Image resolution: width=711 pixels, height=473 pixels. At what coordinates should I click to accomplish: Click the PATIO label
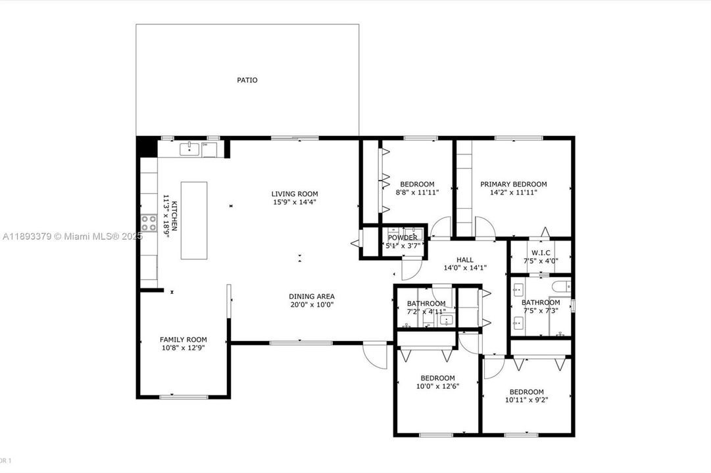(x=247, y=80)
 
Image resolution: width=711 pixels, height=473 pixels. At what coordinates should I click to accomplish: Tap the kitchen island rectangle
(x=194, y=220)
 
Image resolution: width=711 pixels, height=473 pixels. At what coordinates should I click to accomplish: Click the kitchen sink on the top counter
(x=189, y=149)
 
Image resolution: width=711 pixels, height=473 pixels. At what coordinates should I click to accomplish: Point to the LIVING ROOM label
(x=295, y=194)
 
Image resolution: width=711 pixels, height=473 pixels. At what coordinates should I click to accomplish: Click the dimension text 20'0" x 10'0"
(x=311, y=304)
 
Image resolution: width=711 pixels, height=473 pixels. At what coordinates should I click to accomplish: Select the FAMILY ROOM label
(x=183, y=340)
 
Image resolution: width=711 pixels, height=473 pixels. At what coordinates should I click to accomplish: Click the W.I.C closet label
(x=541, y=252)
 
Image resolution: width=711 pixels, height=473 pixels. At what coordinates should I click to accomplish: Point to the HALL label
(x=464, y=260)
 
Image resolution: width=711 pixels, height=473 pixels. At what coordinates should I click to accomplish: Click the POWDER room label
(x=403, y=238)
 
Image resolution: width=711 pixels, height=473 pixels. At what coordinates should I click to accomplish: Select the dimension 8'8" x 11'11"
(x=418, y=192)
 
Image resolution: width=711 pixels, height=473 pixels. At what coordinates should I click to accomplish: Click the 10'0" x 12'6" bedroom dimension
(x=437, y=386)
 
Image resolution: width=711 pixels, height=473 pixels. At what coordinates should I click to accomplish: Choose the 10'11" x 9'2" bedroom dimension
(x=526, y=399)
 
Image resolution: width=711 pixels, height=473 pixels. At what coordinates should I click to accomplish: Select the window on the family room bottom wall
(x=184, y=397)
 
